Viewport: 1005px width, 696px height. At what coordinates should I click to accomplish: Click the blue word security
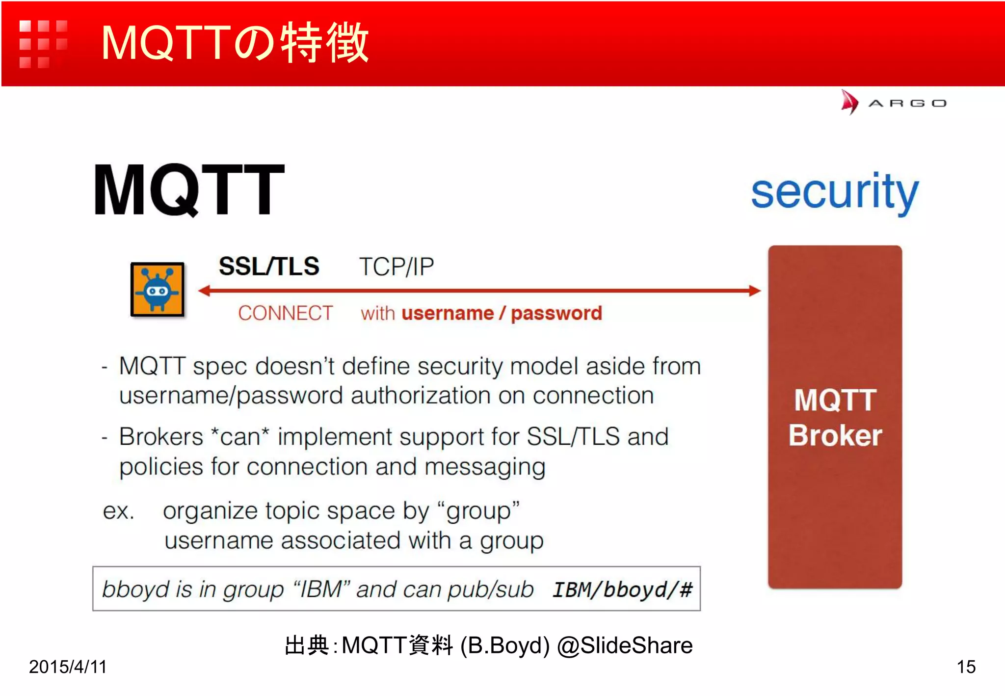tap(834, 192)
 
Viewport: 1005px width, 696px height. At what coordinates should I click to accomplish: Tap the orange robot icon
tap(158, 290)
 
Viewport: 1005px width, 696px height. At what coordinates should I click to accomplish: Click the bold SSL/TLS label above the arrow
tap(269, 267)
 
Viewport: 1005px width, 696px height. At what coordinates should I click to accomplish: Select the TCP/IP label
tap(397, 267)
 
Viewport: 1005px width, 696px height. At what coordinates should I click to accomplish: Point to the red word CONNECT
tap(285, 313)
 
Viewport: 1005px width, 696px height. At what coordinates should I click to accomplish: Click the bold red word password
tap(556, 313)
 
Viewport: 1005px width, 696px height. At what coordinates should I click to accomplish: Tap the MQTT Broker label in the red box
tap(835, 417)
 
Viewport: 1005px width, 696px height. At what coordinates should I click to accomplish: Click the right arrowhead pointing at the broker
tap(754, 291)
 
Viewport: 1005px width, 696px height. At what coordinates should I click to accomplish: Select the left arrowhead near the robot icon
tap(205, 291)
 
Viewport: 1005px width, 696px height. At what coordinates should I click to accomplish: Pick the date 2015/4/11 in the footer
tap(68, 667)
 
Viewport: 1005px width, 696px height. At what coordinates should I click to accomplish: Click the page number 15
tap(966, 667)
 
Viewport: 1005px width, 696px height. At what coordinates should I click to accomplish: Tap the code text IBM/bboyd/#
tap(622, 589)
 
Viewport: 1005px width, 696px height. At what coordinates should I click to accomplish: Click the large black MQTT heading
tap(189, 190)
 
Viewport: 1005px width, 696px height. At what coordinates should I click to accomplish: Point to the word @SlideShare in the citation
tap(625, 645)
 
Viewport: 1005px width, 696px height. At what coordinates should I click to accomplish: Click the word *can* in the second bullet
tap(240, 436)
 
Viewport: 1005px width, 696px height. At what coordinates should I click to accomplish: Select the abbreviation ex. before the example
tap(118, 511)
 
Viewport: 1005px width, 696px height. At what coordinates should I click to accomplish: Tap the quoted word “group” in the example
tap(477, 511)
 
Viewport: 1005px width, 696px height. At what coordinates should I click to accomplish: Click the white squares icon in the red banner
tap(43, 44)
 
